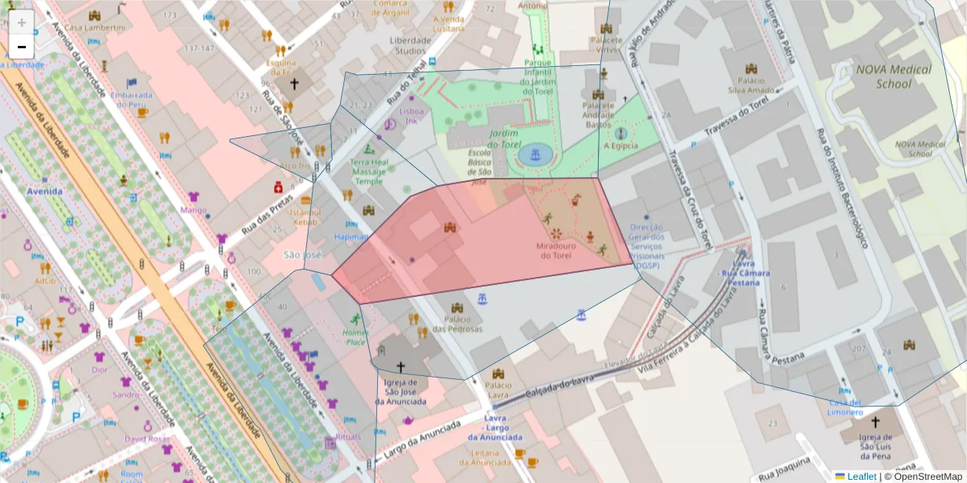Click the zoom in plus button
pos(22,22)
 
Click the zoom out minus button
pos(22,46)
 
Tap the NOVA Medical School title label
pos(893,76)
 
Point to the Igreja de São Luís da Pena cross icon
pos(876,422)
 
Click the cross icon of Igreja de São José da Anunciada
pos(400,366)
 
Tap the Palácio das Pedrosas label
pos(457,324)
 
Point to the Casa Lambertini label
pos(95,27)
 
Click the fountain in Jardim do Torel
pos(531,154)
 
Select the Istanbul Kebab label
pos(305,216)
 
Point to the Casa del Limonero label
pos(845,407)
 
